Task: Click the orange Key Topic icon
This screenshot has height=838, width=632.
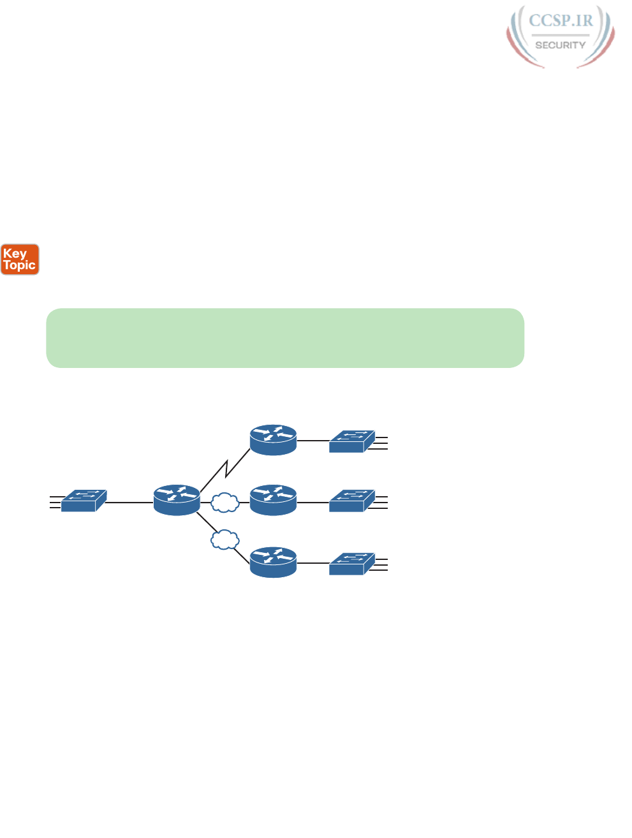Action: [x=20, y=260]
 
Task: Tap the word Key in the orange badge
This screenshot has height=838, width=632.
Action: [x=15, y=253]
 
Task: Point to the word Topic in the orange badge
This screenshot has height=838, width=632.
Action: [x=20, y=265]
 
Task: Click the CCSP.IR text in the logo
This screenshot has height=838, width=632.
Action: [x=561, y=21]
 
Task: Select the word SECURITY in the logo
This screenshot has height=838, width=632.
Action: [x=560, y=45]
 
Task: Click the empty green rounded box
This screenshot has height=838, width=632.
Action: [x=285, y=338]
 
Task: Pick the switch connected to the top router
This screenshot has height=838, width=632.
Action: [x=351, y=441]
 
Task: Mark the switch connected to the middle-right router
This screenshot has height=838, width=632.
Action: [x=351, y=501]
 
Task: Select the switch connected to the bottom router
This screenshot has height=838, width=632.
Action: [x=351, y=564]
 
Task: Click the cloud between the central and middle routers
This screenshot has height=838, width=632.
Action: [x=224, y=503]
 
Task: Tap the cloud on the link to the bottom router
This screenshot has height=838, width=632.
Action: [x=224, y=540]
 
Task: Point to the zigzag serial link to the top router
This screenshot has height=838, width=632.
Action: [x=225, y=469]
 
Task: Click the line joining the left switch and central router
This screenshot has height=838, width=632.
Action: [x=129, y=503]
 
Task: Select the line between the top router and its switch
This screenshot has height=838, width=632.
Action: [x=312, y=440]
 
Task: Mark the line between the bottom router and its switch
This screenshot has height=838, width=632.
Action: [x=312, y=563]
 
